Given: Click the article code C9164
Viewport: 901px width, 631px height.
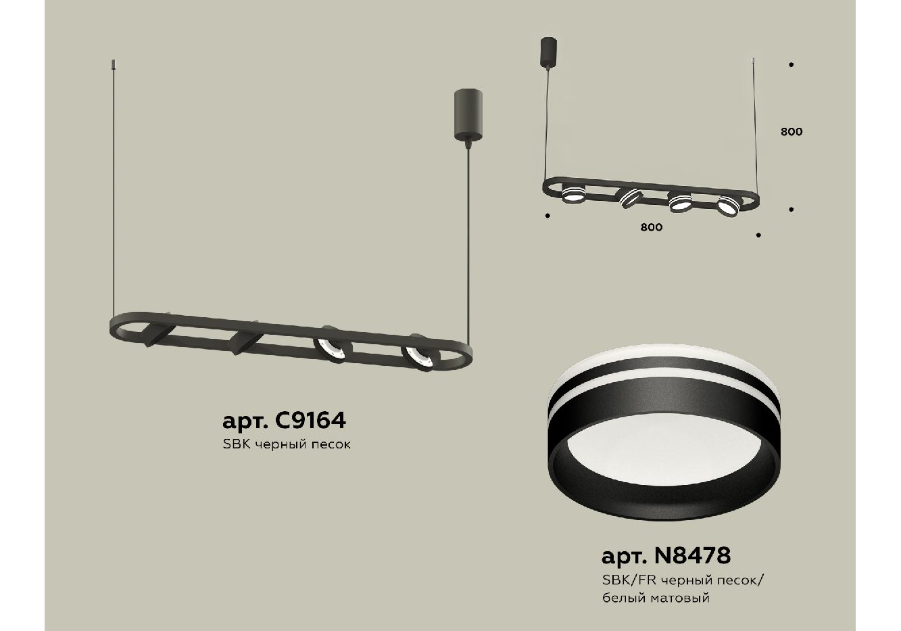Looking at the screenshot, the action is point(310,421).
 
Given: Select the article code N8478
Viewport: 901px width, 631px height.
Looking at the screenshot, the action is point(692,556).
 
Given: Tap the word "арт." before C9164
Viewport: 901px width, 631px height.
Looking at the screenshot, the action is point(245,422).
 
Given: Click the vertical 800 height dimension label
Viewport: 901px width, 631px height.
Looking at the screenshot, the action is point(792,132).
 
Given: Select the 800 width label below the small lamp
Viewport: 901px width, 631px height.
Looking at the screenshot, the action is point(651,227).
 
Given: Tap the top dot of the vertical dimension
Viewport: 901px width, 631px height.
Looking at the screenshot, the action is point(792,64).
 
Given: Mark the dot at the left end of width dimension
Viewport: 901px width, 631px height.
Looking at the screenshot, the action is point(547,216).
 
